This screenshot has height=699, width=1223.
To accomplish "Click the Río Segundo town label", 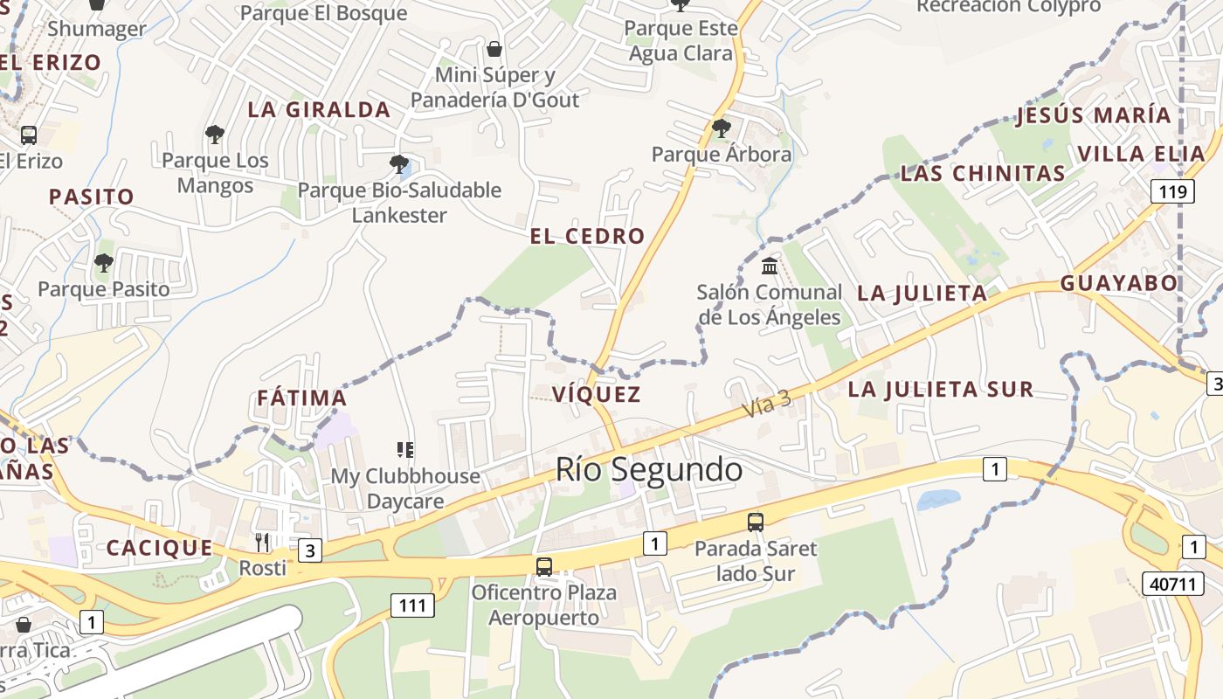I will pos(649,470).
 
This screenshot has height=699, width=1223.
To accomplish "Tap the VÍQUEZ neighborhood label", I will pos(597,394).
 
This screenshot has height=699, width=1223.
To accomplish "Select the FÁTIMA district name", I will pos(302,398).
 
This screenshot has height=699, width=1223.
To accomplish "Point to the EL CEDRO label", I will pos(587,236).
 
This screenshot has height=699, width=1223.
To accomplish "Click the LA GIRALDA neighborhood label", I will pos(319,110).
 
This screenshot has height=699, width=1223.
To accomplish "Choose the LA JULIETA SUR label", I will pos(941,390).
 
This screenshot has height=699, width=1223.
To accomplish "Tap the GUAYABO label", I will pos(1119,284).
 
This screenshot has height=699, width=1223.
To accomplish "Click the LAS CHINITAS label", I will pos(983,174).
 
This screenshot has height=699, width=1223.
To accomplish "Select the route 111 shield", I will pos(411,605).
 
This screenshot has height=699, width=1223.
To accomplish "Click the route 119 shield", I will pos(1171,191).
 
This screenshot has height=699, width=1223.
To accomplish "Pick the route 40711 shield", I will pos(1172,584).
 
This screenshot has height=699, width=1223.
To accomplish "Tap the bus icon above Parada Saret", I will pos(756,523).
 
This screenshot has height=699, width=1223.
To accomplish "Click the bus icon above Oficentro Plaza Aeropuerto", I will pos(544,566).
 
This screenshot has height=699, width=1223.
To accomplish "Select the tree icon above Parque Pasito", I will pos(104,262).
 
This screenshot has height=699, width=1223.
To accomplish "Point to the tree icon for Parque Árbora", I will pos(722,128).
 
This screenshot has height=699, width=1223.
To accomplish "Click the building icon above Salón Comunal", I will pos(770,266).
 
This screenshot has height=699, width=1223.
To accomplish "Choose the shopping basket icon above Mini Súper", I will pos(494,49).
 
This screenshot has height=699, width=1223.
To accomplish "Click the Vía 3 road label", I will pos(767,404).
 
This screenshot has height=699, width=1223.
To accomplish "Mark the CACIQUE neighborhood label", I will pos(159,549).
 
